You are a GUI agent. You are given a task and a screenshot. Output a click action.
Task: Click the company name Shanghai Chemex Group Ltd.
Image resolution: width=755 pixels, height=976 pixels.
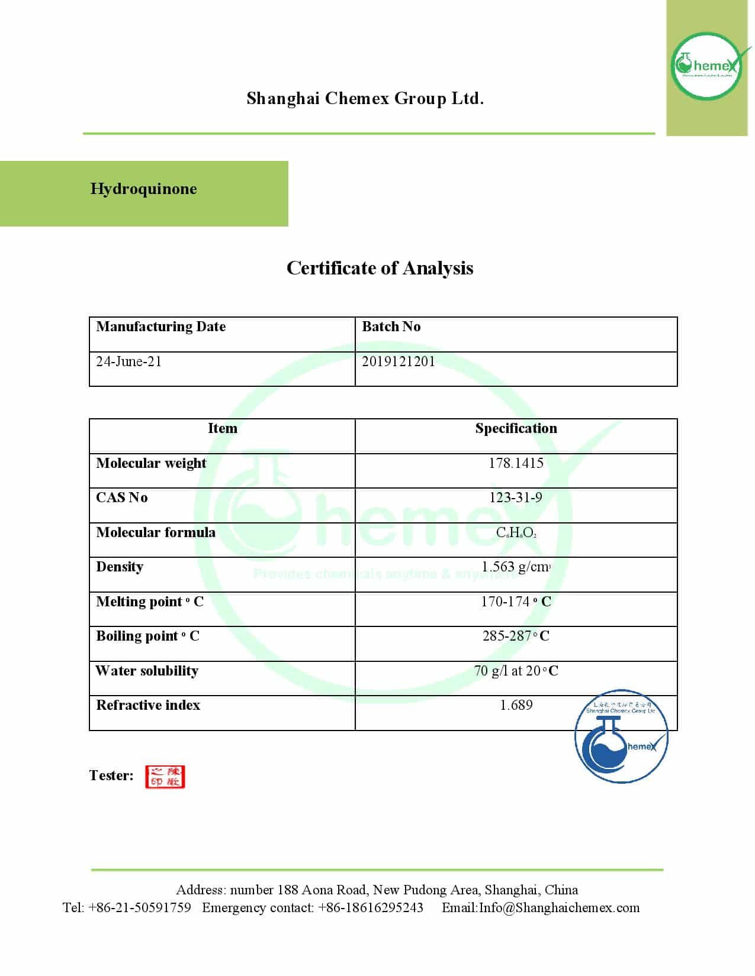click(x=365, y=98)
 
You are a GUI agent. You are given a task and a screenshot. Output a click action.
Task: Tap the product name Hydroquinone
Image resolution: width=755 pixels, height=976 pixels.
click(x=143, y=189)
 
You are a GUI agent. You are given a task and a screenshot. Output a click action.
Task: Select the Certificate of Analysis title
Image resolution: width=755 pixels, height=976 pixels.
click(x=380, y=268)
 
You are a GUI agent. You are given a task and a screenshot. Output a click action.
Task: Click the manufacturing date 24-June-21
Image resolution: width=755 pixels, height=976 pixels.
click(x=128, y=361)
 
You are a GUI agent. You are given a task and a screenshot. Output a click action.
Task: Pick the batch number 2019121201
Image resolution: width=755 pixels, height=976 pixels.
click(x=398, y=361)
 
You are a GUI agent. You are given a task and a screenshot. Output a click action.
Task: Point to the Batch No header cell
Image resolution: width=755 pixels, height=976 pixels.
click(x=391, y=327)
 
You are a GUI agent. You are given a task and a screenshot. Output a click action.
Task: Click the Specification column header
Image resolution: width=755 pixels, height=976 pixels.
click(x=516, y=428)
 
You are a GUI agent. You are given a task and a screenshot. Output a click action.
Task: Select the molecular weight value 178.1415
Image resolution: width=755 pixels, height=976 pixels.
click(x=516, y=463)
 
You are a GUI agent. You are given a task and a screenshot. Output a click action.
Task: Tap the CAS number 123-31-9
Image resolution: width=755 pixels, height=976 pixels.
click(x=516, y=497)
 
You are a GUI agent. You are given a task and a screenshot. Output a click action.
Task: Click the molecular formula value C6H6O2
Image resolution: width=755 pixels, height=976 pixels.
click(x=516, y=532)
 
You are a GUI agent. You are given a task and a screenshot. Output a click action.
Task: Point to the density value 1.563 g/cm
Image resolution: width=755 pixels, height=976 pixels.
click(x=516, y=567)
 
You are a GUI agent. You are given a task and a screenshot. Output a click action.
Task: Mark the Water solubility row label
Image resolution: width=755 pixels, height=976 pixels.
click(x=147, y=671)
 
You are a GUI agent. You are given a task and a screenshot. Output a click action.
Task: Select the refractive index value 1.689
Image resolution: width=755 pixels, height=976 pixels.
click(x=516, y=705)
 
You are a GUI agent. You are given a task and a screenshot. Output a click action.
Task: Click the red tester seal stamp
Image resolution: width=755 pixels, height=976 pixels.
click(x=165, y=777)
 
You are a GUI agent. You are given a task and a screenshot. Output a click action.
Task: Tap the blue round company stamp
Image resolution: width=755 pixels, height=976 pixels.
click(x=621, y=736)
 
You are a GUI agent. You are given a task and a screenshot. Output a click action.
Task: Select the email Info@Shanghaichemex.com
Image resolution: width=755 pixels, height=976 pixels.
click(x=559, y=908)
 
